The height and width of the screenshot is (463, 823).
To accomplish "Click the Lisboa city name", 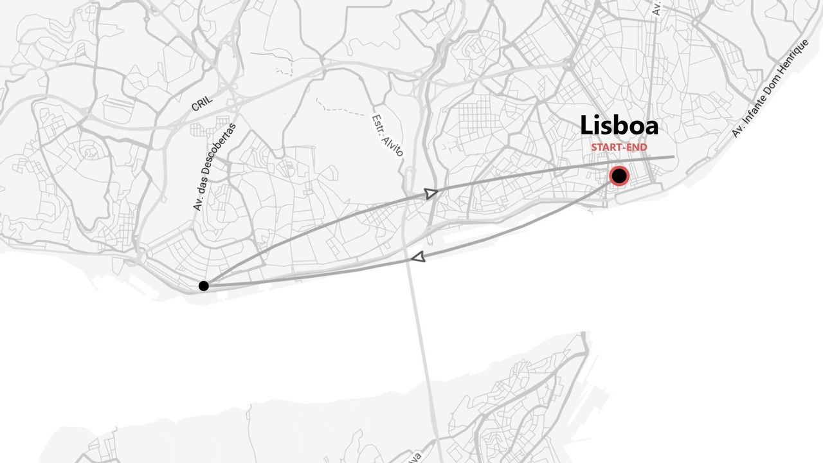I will tap(619, 125).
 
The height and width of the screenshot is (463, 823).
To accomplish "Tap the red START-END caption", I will tap(619, 147).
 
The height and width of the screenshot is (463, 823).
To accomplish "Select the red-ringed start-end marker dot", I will tap(619, 176).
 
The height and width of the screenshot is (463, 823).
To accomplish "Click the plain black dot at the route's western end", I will tap(204, 286).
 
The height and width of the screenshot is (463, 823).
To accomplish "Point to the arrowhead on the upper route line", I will tap(431, 193).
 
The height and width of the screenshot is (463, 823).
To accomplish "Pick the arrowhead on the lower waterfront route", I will tap(418, 257).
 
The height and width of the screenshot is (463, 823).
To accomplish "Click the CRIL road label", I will tap(202, 104).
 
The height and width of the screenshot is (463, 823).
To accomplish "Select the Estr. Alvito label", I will tap(387, 136).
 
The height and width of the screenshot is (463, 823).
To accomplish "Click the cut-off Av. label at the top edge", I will tap(656, 8).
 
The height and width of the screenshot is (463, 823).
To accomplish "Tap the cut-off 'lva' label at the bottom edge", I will tap(415, 457).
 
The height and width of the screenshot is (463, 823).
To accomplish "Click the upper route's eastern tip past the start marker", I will tap(673, 157).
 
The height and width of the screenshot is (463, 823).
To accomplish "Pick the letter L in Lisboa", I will tap(586, 125).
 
